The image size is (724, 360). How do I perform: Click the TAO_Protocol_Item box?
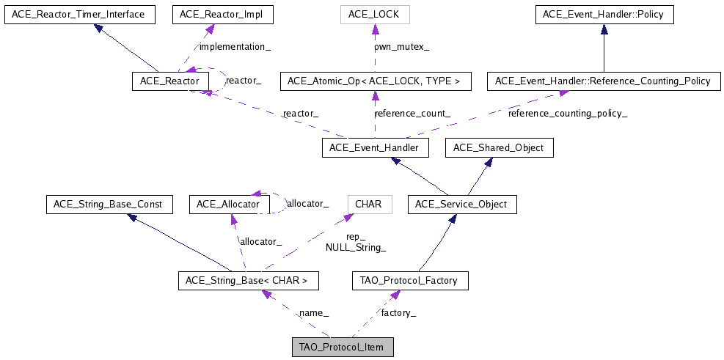point(343,347)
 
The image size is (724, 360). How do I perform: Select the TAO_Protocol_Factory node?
point(409,280)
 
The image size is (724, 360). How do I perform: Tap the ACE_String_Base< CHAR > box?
point(248,280)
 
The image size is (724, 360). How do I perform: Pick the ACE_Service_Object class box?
point(461,204)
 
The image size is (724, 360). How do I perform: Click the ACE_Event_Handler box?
point(374,148)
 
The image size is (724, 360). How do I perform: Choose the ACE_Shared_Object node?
point(499,148)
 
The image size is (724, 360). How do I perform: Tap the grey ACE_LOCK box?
point(374,14)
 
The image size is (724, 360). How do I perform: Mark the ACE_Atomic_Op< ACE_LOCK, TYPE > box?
point(374,81)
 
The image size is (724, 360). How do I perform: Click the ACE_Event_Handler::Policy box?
point(604,14)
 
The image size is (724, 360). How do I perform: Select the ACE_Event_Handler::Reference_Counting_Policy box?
point(603,81)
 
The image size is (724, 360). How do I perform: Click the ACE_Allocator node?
point(224,204)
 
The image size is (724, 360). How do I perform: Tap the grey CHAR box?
point(368,204)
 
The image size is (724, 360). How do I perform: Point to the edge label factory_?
point(398,313)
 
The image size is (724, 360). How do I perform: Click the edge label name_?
point(313,313)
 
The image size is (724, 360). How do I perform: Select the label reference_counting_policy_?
point(568,114)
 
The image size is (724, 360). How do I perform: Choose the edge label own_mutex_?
point(401,47)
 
